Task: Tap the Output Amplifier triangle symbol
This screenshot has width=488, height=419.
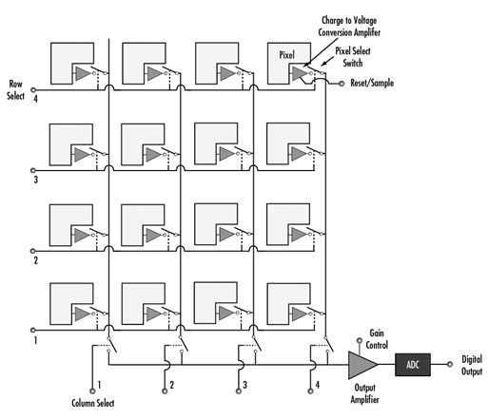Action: point(361,364)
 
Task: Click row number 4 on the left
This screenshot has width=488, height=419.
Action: point(35,98)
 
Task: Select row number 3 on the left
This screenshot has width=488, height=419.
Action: point(35,176)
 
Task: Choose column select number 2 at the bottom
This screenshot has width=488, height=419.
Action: point(172,385)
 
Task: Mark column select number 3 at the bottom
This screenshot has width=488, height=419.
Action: point(244,385)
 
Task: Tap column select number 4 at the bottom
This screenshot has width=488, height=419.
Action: point(317,385)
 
